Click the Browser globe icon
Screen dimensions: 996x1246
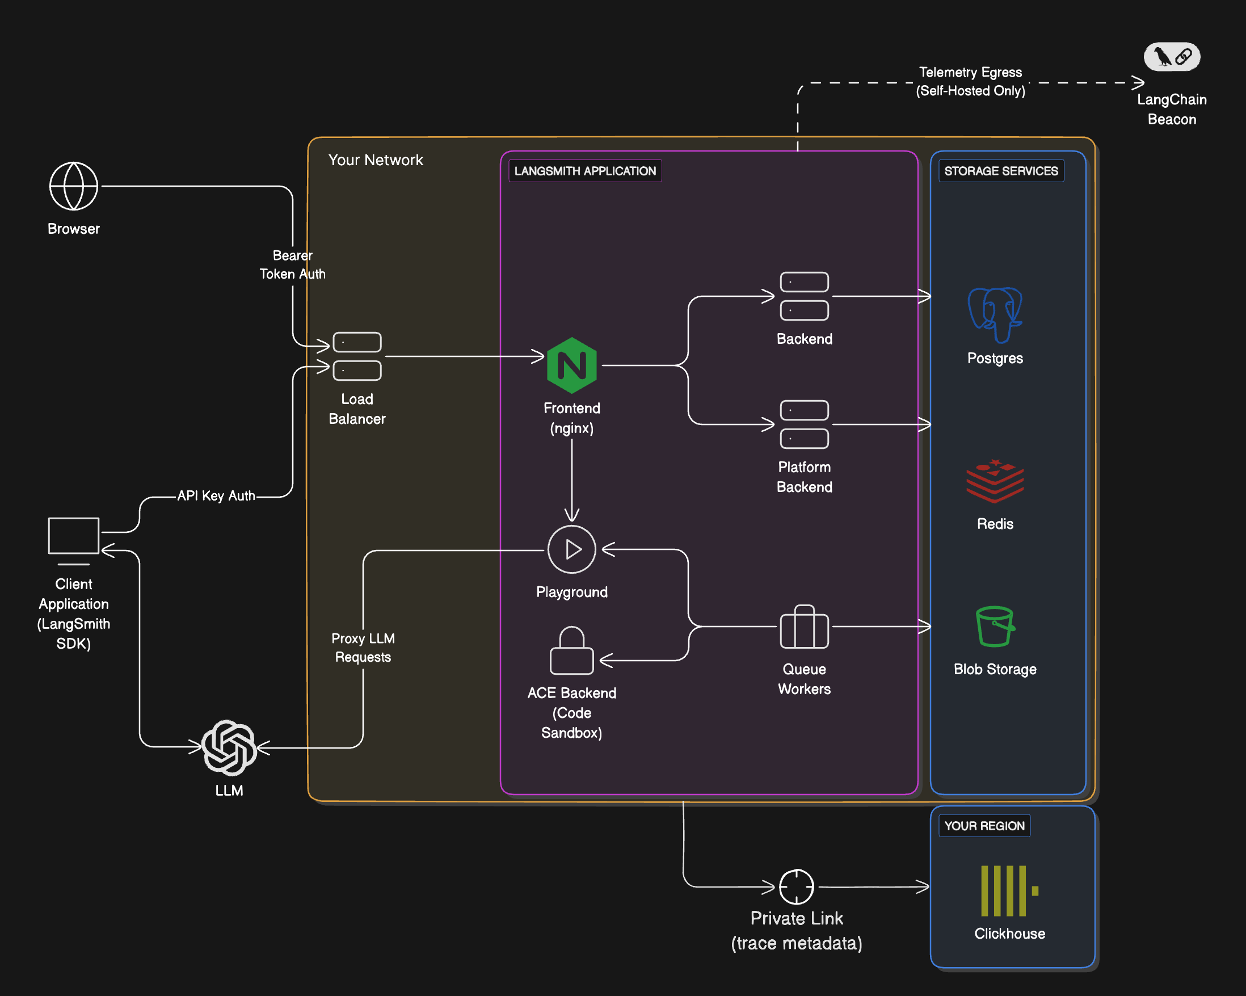click(x=73, y=186)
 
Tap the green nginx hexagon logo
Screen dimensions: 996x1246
click(x=571, y=365)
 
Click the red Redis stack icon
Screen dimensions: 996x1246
click(x=995, y=480)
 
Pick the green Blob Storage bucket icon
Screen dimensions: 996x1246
click(x=995, y=626)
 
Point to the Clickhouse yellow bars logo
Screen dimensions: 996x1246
click(x=1009, y=891)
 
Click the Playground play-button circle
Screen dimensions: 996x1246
click(x=571, y=549)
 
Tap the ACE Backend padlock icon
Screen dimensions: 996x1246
click(x=571, y=651)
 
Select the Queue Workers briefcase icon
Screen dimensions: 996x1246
click(x=804, y=627)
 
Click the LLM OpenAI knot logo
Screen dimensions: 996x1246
click(x=229, y=747)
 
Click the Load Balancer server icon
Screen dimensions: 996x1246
click(x=357, y=356)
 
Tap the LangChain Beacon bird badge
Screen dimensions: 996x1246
click(x=1172, y=57)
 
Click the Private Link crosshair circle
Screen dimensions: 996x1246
click(x=797, y=886)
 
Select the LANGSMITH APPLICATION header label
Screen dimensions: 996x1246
click(x=585, y=171)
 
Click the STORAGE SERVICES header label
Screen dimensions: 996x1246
click(x=1001, y=171)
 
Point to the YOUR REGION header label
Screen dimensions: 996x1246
click(x=984, y=826)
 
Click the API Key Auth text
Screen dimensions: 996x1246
click(x=216, y=496)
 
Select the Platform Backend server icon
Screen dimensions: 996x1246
click(x=804, y=425)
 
